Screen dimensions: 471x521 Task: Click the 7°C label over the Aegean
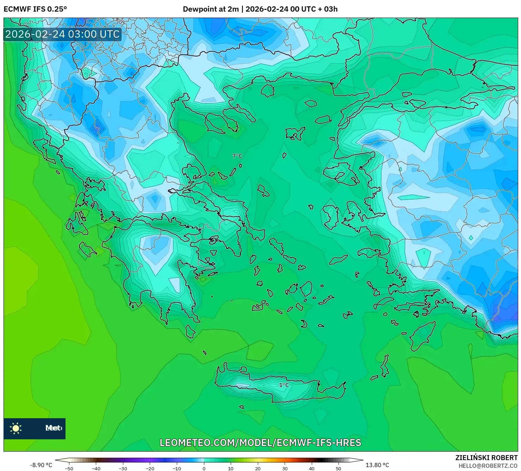click(x=237, y=156)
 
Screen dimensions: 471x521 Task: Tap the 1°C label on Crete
click(x=284, y=385)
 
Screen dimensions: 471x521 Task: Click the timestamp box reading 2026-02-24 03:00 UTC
click(x=62, y=34)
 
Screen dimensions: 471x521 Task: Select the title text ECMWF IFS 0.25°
click(x=35, y=9)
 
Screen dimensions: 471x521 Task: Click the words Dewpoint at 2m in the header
click(x=211, y=9)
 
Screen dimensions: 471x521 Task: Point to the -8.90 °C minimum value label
click(x=41, y=465)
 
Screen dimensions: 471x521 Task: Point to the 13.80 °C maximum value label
click(x=377, y=465)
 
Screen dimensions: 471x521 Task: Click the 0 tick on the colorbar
click(x=204, y=468)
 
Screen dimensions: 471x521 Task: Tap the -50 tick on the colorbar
click(x=69, y=468)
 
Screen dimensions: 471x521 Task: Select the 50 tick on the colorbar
click(x=339, y=468)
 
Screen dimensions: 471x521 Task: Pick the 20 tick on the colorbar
click(x=258, y=468)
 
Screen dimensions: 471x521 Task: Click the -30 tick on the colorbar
click(x=123, y=468)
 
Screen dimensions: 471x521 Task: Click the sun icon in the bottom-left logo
click(x=16, y=428)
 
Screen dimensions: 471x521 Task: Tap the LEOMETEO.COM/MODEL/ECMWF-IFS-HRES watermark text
click(x=260, y=442)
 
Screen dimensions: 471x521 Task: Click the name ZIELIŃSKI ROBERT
click(x=486, y=458)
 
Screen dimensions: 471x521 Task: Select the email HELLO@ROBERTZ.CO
click(x=488, y=465)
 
